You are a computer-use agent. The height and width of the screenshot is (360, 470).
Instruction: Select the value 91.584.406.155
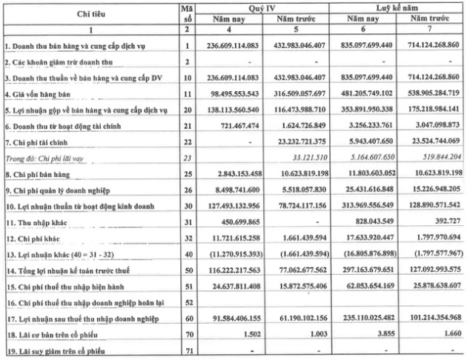point(231,314)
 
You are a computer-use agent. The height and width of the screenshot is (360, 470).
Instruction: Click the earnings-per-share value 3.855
point(383,330)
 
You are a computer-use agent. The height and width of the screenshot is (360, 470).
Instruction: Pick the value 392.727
point(450,219)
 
